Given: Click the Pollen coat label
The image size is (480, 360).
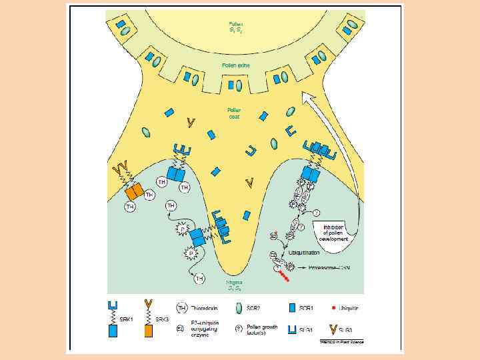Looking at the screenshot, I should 235,113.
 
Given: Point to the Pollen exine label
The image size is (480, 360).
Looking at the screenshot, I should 235,65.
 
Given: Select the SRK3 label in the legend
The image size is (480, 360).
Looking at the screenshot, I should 162,319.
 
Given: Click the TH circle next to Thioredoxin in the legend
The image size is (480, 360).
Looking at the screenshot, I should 181,307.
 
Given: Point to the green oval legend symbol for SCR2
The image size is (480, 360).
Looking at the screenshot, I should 240,307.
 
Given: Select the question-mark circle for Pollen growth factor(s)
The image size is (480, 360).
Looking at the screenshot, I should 240,328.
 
